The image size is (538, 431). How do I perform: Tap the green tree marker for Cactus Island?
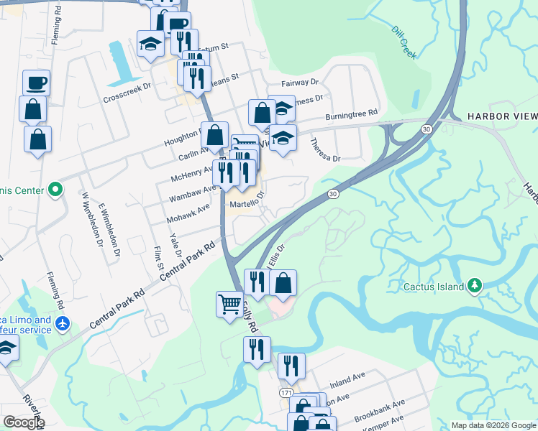click(475, 286)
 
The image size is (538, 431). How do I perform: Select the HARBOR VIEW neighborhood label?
click(502, 116)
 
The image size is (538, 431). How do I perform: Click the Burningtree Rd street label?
click(351, 114)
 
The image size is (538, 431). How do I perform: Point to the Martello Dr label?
click(248, 202)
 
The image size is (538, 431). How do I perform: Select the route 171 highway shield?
click(286, 393)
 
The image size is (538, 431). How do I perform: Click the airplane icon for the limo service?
click(63, 324)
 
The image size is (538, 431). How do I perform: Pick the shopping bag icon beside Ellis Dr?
click(283, 284)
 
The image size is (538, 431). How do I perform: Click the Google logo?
click(24, 422)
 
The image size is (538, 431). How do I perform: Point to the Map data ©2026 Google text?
click(493, 425)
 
